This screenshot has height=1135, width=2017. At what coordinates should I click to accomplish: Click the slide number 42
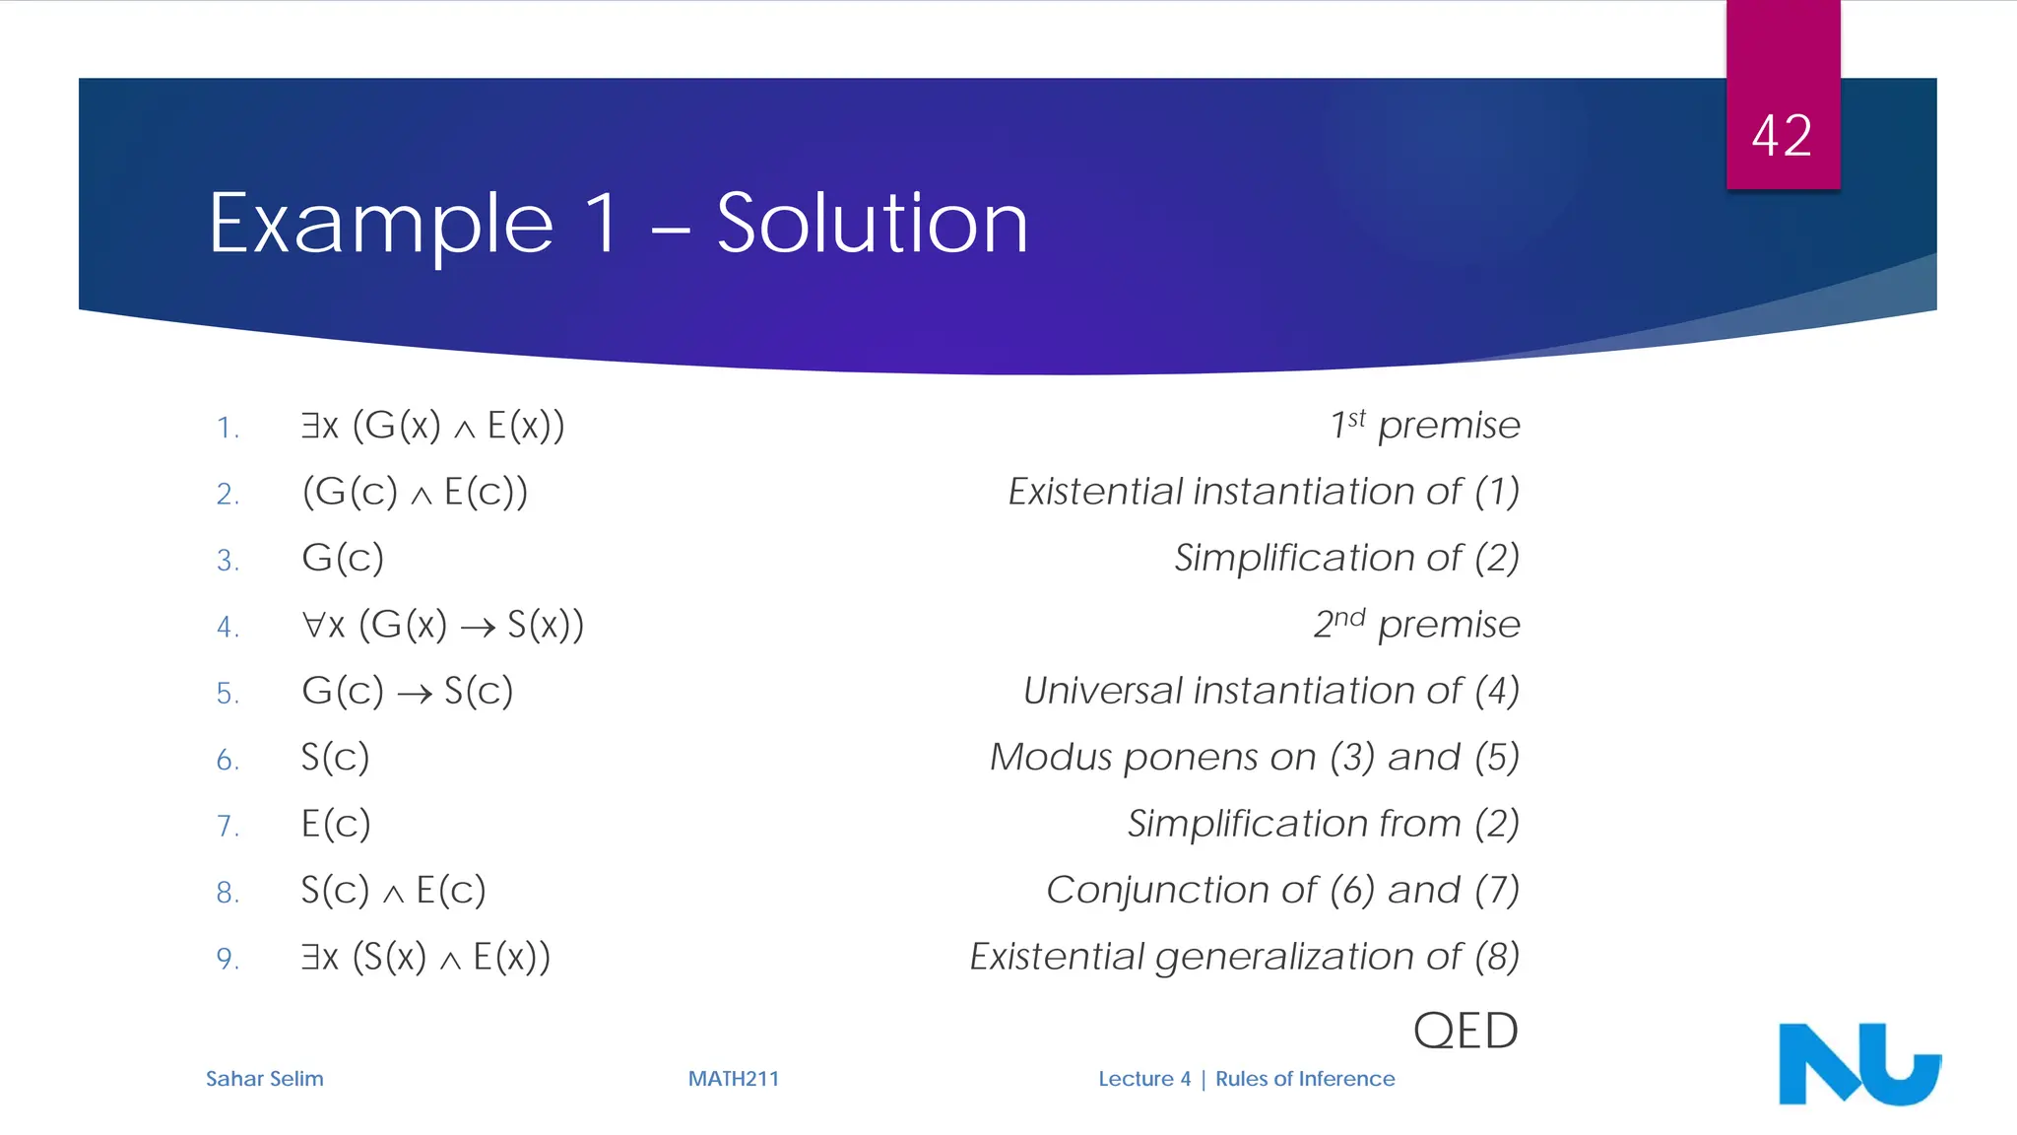(x=1782, y=136)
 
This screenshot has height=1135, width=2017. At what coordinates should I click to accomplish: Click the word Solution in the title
(x=872, y=224)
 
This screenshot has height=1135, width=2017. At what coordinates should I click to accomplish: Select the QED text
(x=1465, y=1031)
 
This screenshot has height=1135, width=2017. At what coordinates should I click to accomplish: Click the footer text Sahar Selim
(x=264, y=1079)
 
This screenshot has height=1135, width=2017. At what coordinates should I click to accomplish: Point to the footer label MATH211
(x=733, y=1079)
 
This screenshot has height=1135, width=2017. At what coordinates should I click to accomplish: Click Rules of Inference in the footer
(x=1305, y=1079)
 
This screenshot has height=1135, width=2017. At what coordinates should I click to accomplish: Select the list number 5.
(x=227, y=694)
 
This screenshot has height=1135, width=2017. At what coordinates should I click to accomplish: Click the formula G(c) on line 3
(x=343, y=559)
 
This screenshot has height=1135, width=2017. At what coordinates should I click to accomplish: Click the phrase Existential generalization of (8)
(x=1245, y=957)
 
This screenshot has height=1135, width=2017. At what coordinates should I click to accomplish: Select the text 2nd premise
(x=1416, y=625)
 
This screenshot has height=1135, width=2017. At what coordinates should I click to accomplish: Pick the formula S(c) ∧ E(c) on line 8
(x=393, y=891)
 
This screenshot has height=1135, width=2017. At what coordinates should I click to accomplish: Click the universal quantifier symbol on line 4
(x=313, y=625)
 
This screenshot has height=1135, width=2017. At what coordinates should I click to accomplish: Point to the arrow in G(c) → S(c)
(x=415, y=695)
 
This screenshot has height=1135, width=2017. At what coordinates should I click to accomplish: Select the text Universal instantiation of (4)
(x=1270, y=692)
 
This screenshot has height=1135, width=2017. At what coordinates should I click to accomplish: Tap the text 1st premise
(x=1424, y=426)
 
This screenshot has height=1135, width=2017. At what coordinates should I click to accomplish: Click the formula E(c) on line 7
(x=336, y=824)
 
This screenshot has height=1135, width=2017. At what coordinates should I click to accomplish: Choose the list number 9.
(x=227, y=959)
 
